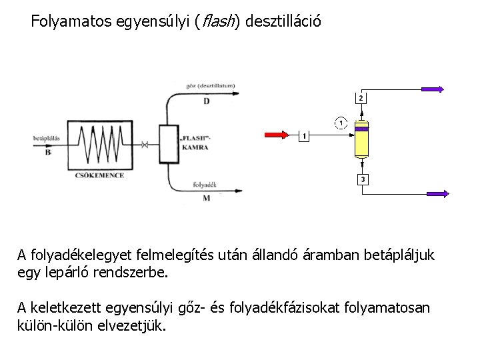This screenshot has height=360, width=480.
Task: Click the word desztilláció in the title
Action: click(x=283, y=21)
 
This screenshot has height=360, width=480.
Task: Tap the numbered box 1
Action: click(x=303, y=136)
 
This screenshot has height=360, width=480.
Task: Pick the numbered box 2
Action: click(x=361, y=98)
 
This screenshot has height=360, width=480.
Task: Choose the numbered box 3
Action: click(x=361, y=180)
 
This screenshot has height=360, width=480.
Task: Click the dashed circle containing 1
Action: click(x=341, y=123)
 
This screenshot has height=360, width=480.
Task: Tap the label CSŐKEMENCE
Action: click(x=99, y=175)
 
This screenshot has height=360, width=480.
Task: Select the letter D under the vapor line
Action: click(x=206, y=101)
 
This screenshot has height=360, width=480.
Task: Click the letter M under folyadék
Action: click(x=206, y=198)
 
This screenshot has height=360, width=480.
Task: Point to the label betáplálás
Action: click(x=47, y=139)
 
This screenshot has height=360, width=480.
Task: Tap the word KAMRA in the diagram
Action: click(x=195, y=147)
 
